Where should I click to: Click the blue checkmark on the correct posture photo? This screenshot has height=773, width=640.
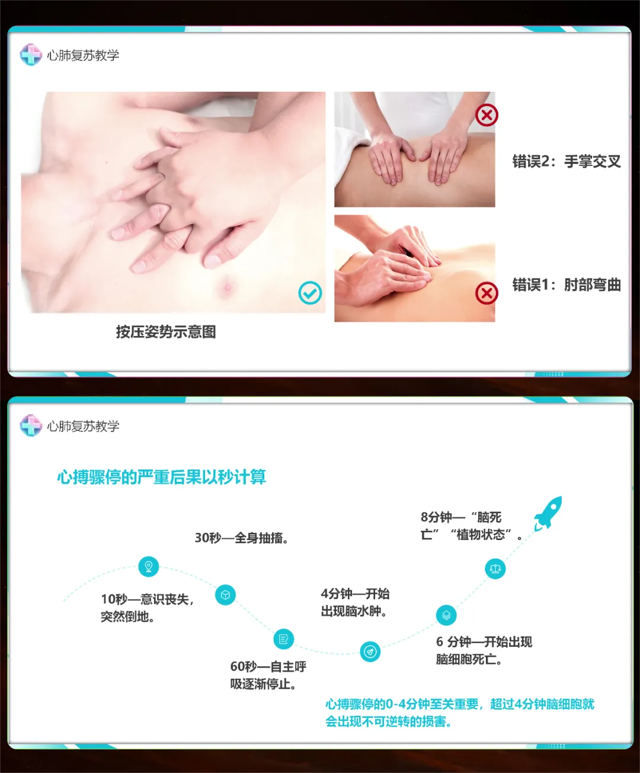click(x=310, y=293)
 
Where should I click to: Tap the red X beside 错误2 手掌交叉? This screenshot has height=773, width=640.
click(x=487, y=115)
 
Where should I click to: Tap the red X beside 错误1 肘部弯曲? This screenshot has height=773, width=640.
click(x=487, y=293)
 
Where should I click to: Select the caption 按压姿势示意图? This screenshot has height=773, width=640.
click(x=166, y=332)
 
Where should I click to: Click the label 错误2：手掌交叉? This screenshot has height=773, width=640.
click(x=567, y=161)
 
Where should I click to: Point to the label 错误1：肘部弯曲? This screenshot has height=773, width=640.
click(x=567, y=285)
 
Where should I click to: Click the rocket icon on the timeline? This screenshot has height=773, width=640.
click(x=548, y=514)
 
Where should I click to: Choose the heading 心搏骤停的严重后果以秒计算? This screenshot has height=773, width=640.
click(x=161, y=477)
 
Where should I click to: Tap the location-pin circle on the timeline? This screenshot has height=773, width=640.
click(x=148, y=566)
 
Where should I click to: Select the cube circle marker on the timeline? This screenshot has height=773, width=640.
click(x=225, y=595)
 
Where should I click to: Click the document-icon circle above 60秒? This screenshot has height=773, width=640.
click(x=283, y=638)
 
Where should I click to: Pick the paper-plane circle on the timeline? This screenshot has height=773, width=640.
click(x=370, y=651)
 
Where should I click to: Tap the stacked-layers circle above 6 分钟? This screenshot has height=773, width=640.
click(x=446, y=615)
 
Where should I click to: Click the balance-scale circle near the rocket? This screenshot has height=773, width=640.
click(x=495, y=568)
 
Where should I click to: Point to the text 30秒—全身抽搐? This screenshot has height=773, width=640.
click(x=242, y=538)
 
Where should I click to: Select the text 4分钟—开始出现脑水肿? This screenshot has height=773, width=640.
click(x=355, y=602)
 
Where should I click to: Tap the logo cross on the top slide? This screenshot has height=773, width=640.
click(x=31, y=55)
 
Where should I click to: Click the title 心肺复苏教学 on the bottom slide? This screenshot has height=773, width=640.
click(x=83, y=426)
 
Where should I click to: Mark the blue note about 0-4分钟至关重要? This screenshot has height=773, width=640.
click(x=460, y=713)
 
